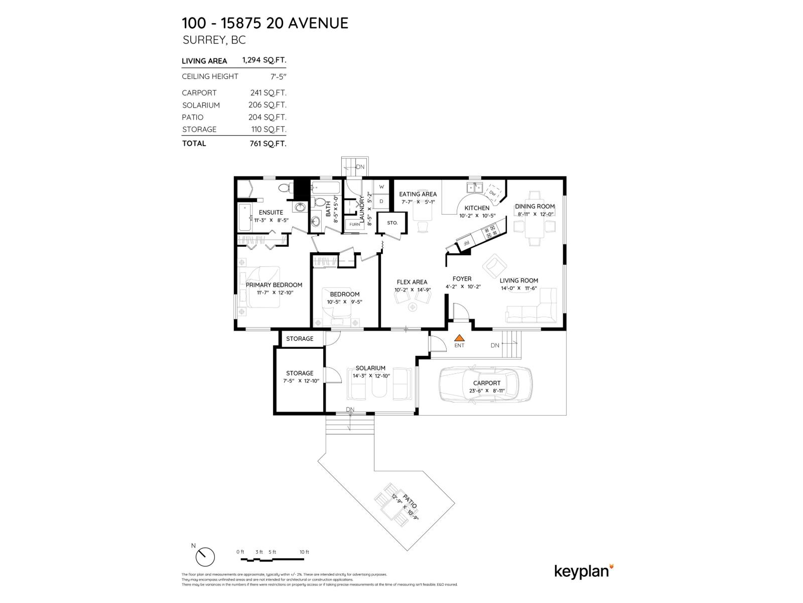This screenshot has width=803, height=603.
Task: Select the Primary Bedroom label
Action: click(274, 285)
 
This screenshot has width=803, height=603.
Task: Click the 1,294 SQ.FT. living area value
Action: click(264, 60)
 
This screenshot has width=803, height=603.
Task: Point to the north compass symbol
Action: click(205, 557)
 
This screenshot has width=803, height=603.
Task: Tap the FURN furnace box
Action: click(355, 224)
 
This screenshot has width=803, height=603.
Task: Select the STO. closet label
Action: click(392, 223)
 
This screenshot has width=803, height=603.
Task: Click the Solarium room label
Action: click(370, 368)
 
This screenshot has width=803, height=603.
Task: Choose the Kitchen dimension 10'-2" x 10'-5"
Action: click(477, 216)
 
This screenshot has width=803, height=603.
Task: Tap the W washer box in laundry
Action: click(381, 186)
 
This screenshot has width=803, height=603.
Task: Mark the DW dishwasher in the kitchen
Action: click(492, 193)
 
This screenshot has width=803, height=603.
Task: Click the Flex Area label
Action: click(412, 282)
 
